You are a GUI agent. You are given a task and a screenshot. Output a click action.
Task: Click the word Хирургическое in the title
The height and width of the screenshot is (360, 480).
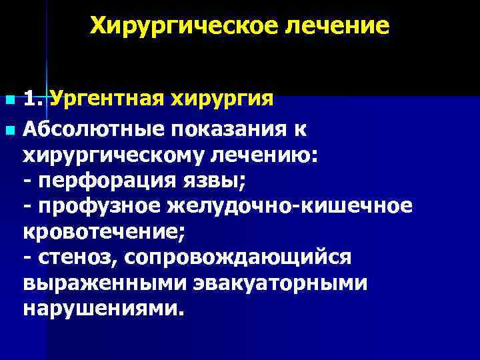point(182,27)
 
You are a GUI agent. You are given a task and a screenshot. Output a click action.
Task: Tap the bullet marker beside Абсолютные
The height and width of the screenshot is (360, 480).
point(9,127)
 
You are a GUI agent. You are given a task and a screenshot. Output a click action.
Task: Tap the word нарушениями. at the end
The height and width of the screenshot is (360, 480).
point(102,310)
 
